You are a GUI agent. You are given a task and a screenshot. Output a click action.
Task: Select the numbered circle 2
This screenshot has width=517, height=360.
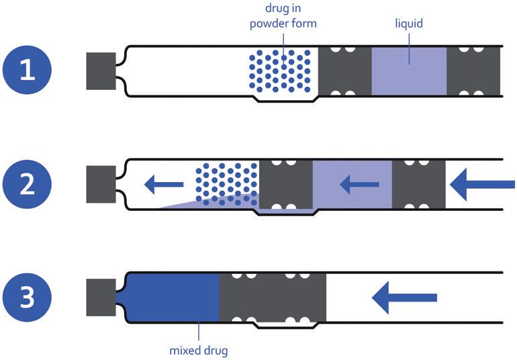point(27,184)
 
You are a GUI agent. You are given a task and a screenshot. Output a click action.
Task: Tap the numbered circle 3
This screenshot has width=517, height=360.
point(27,298)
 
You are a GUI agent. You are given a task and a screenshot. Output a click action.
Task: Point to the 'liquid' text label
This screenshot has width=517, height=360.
point(409,24)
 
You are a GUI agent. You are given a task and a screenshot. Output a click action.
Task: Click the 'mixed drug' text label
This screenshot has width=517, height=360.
point(198,350)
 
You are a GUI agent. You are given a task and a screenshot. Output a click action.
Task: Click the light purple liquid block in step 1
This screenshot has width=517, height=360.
point(409,71)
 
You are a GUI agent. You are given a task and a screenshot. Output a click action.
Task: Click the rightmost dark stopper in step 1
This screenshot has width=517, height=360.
point(473,71)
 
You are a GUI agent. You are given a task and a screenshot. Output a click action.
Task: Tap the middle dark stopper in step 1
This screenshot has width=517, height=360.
point(344,71)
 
